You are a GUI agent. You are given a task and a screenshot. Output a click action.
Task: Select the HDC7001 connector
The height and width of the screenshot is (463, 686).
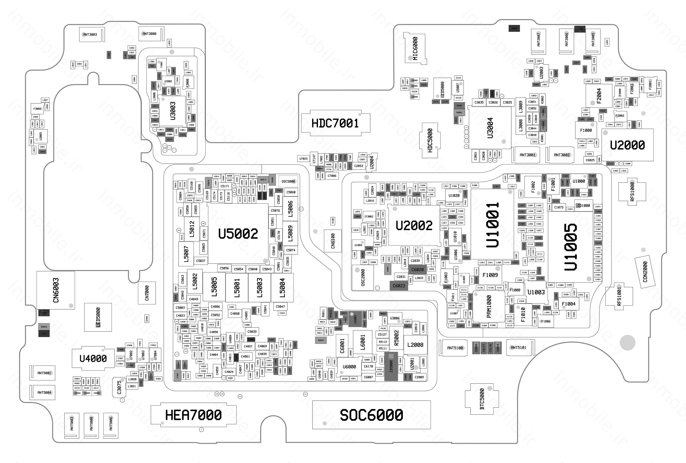335,123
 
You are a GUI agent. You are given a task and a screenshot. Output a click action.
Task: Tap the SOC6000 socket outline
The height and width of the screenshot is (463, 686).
371,415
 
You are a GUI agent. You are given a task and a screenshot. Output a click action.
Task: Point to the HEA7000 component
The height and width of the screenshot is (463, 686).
193,415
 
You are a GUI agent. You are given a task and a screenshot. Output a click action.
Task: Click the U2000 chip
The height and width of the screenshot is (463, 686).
627,145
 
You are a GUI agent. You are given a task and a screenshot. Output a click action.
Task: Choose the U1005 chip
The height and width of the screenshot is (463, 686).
570,247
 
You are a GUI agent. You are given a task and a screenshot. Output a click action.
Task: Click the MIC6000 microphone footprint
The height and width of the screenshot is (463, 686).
415,48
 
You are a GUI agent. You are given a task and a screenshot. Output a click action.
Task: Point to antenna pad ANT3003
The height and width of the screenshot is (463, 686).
90,35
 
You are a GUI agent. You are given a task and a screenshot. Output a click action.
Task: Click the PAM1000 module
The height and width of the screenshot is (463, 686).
489,306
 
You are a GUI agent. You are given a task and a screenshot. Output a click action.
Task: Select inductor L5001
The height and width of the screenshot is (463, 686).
237,287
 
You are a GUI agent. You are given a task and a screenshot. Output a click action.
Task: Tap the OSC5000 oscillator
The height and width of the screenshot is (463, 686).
288,181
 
